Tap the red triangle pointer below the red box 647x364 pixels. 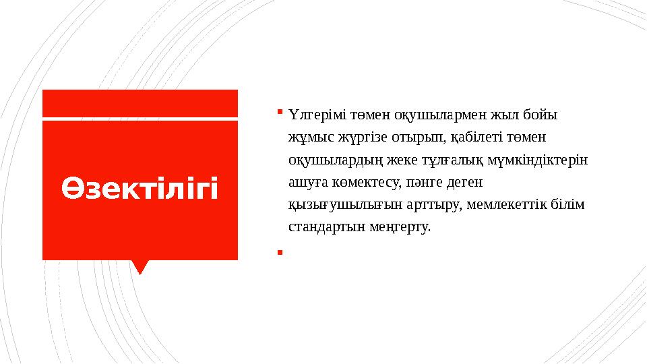[x=140, y=266]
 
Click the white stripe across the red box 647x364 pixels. [x=140, y=119]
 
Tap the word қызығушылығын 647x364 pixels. [x=335, y=205]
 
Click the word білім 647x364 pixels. [x=571, y=205]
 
